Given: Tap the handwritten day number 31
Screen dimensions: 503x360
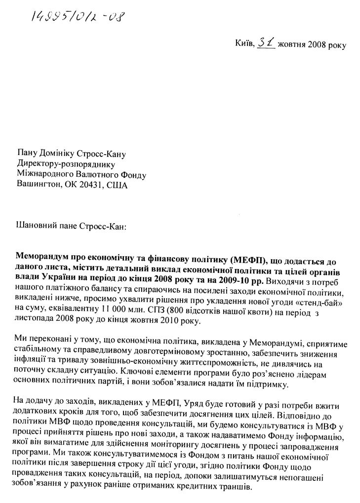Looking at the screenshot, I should (267, 43).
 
